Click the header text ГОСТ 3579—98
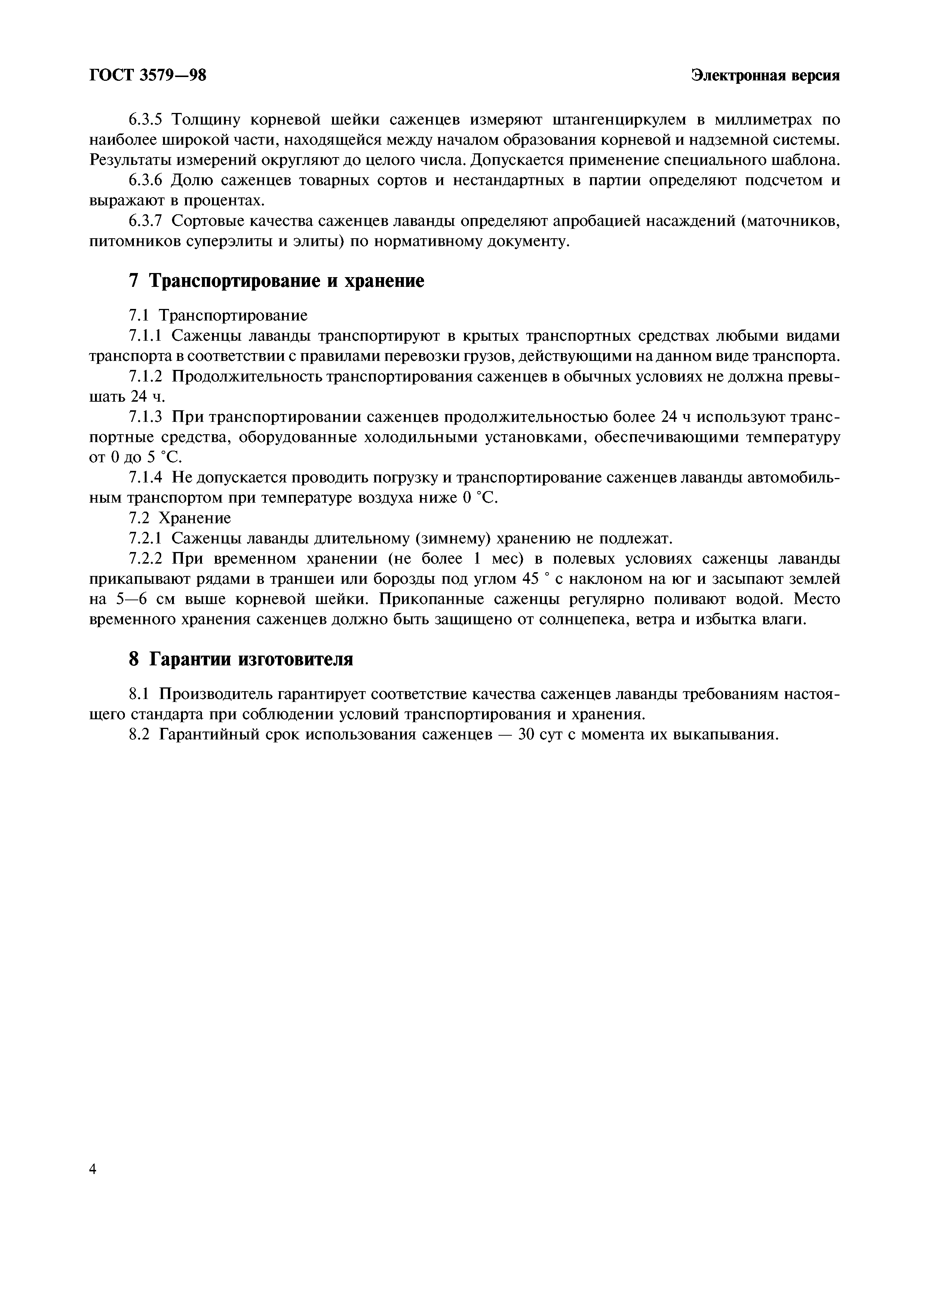[x=147, y=76]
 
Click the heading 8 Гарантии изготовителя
[x=240, y=659]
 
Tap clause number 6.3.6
[x=145, y=181]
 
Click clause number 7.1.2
[x=145, y=377]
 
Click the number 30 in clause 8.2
[x=528, y=734]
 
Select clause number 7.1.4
[x=145, y=478]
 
